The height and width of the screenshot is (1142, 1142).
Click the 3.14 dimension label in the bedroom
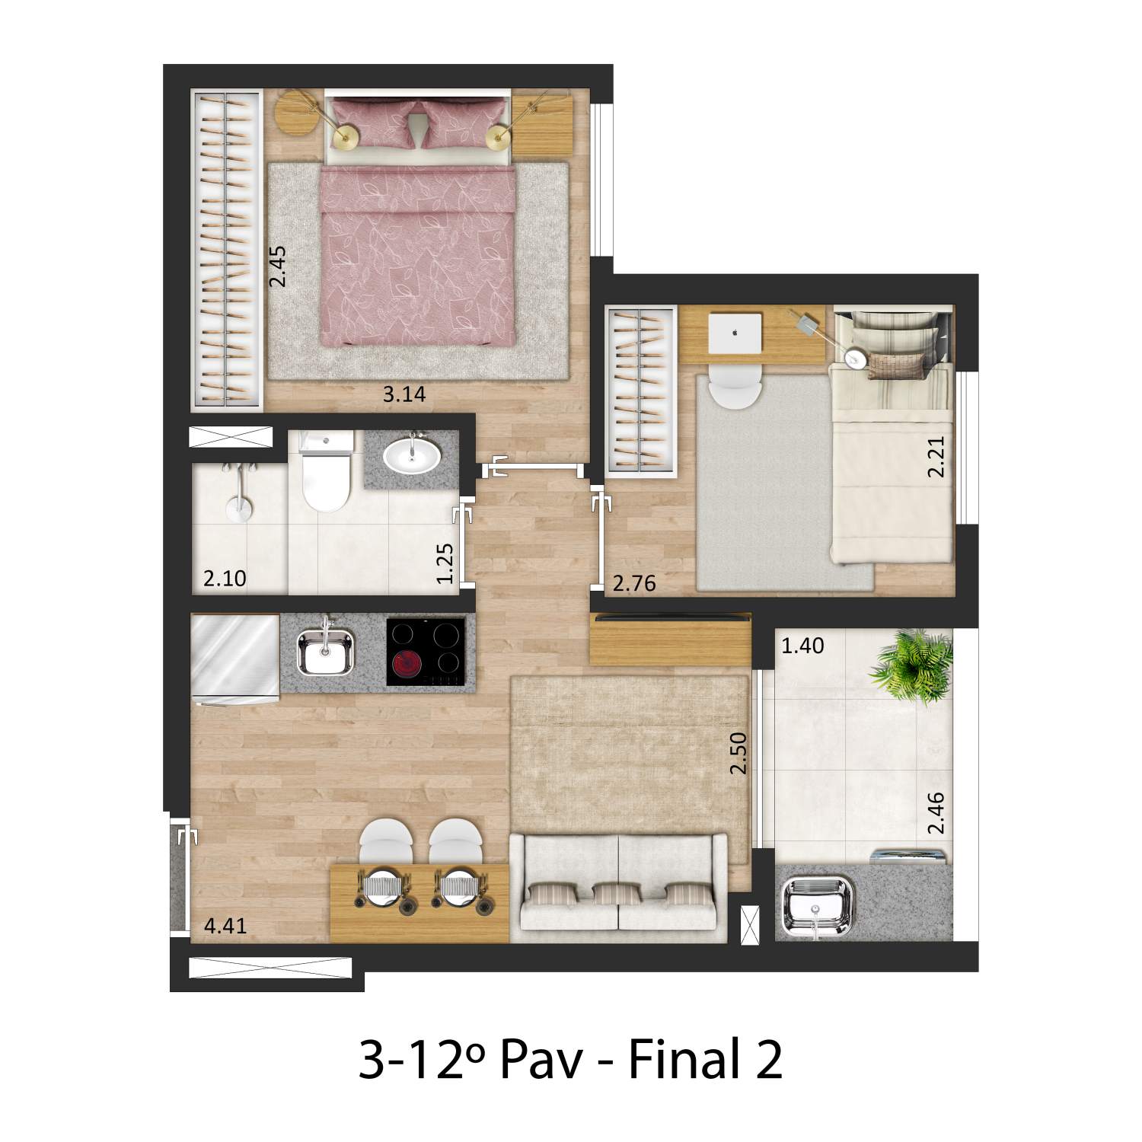[x=404, y=394]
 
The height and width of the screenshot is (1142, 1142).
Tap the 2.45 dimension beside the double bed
[x=279, y=266]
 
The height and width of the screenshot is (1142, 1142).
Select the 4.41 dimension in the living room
[x=225, y=927]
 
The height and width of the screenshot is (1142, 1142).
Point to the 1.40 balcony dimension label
[x=803, y=646]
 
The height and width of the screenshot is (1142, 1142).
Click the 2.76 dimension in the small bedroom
[x=634, y=584]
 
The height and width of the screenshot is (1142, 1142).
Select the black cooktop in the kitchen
[x=426, y=652]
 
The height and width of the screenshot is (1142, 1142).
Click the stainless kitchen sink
[x=326, y=652]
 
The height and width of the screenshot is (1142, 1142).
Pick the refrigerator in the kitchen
[x=235, y=660]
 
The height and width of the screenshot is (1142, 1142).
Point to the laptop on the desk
[x=735, y=333]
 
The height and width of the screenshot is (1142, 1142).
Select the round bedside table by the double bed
[x=295, y=113]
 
